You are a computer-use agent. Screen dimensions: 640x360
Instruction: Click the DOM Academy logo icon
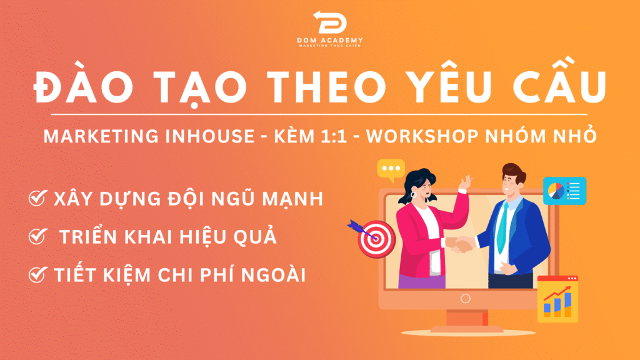click(x=330, y=22)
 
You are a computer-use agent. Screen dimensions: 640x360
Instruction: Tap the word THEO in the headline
click(x=329, y=86)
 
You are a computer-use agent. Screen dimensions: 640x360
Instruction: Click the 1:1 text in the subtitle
click(x=334, y=136)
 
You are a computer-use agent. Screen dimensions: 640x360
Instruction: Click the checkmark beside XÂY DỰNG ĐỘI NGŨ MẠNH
click(x=38, y=198)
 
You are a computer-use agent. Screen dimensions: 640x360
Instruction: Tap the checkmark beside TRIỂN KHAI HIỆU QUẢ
click(x=38, y=236)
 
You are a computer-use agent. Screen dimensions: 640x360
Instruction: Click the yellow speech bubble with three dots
click(x=391, y=170)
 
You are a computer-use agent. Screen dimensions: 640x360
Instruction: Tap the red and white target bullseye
click(x=376, y=239)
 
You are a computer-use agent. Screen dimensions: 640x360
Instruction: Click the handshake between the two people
click(x=461, y=244)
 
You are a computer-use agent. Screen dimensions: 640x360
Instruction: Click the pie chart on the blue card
click(x=556, y=191)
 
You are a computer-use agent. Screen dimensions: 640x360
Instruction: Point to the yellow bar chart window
click(x=557, y=299)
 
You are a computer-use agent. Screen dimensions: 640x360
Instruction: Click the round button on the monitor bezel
click(x=465, y=298)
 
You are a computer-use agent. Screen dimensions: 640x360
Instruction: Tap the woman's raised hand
click(x=465, y=182)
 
